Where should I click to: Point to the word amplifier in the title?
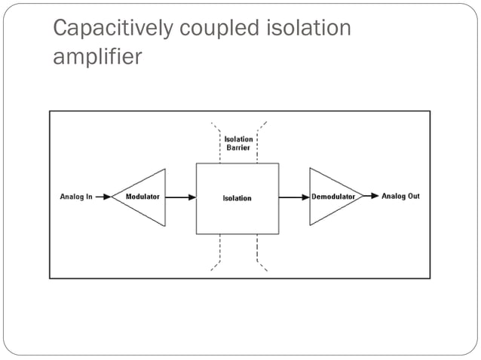click(x=97, y=58)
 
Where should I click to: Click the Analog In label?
click(x=76, y=197)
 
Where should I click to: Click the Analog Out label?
click(x=400, y=197)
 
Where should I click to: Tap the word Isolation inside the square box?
click(x=237, y=198)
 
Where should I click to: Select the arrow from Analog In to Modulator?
click(x=103, y=197)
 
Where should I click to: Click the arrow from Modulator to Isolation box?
click(x=181, y=197)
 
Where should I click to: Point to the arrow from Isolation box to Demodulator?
click(x=294, y=197)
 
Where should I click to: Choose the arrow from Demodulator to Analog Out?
click(x=371, y=197)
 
